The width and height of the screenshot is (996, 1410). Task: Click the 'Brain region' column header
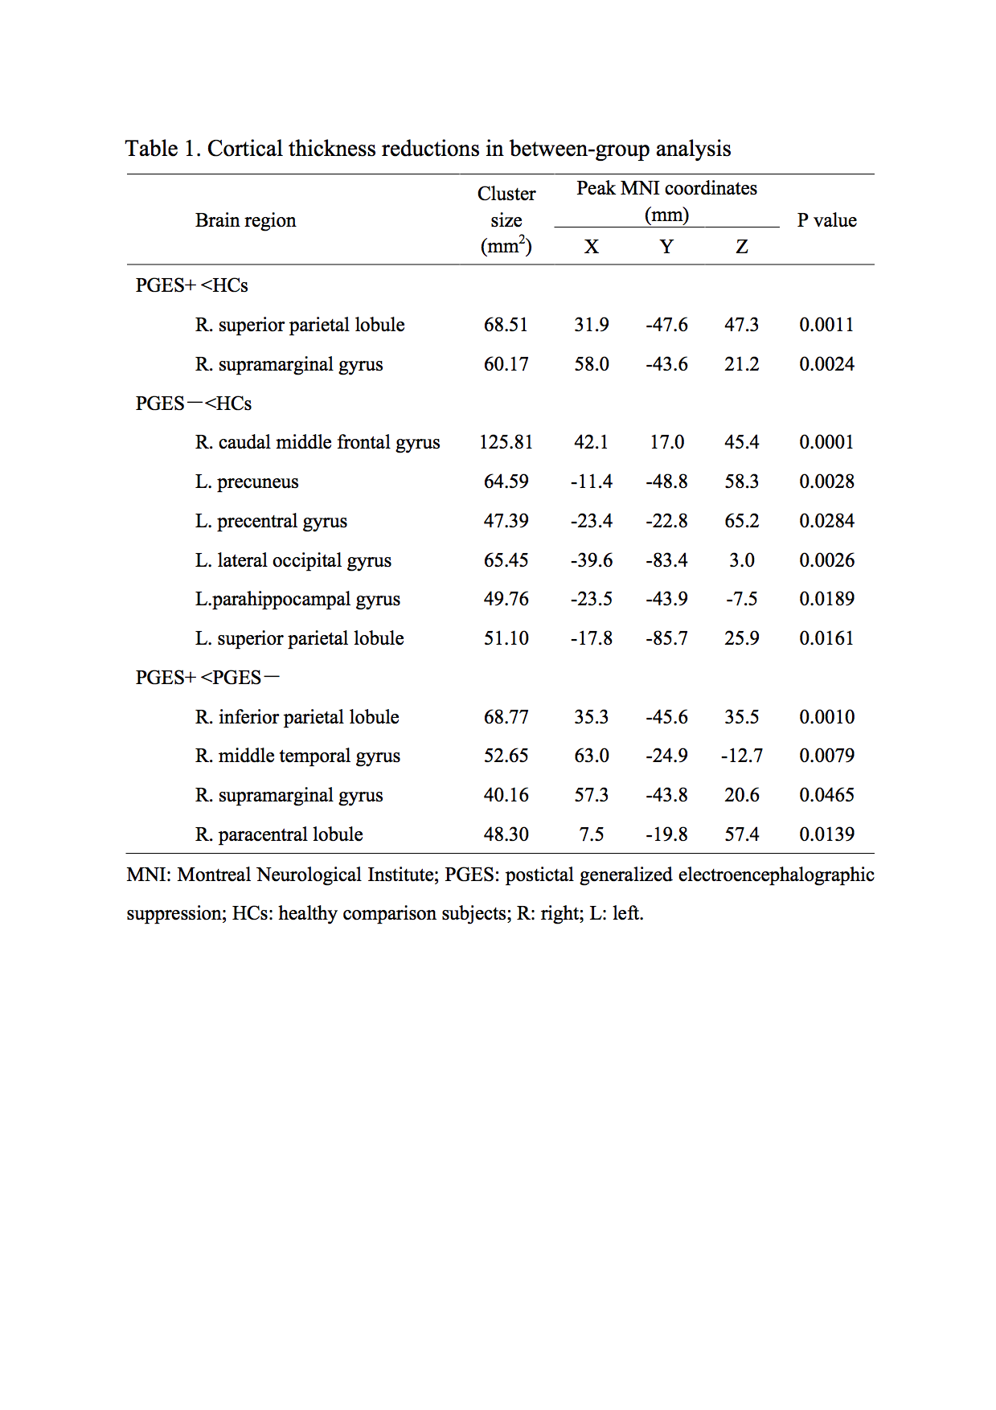pos(245,220)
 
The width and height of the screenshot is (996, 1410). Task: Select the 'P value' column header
pos(826,220)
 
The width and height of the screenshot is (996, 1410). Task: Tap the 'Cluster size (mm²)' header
pos(506,219)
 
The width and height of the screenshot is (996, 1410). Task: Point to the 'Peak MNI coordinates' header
pos(666,189)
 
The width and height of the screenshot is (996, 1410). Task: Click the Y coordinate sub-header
pos(666,247)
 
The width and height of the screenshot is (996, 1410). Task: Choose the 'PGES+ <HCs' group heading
pos(191,285)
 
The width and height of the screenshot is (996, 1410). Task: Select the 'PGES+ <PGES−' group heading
pos(207,678)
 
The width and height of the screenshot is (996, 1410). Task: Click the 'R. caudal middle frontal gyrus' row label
pos(318,442)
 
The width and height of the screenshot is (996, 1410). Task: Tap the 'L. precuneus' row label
pos(247,482)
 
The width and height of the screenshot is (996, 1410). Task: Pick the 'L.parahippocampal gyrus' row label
pos(297,599)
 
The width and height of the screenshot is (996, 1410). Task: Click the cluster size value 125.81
pos(506,442)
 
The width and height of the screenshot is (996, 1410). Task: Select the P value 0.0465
pos(826,795)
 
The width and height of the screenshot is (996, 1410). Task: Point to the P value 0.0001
pos(826,442)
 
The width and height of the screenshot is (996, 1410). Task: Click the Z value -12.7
pos(741,756)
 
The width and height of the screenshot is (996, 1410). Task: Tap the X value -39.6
pos(591,560)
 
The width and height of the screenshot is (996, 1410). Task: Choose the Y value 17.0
pos(666,442)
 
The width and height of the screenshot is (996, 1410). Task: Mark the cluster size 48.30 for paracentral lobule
pos(506,834)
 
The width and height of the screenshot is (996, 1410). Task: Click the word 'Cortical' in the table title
pos(245,149)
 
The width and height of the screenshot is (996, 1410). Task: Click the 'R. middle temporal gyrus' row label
pos(297,756)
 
